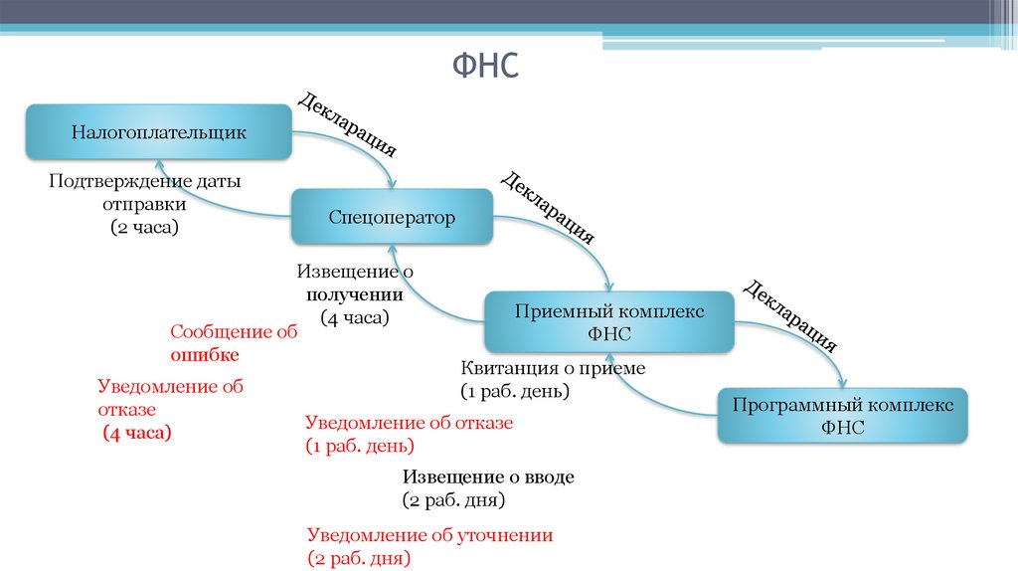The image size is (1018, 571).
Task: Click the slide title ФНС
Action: pyautogui.click(x=486, y=69)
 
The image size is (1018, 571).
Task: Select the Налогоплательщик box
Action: pyautogui.click(x=159, y=131)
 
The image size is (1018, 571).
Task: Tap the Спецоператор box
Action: pyautogui.click(x=392, y=217)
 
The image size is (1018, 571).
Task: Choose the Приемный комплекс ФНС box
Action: pyautogui.click(x=609, y=322)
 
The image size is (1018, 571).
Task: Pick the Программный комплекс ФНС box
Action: pyautogui.click(x=843, y=416)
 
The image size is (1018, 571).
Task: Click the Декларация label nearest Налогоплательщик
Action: pyautogui.click(x=348, y=123)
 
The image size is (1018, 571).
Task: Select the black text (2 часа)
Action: pyautogui.click(x=144, y=227)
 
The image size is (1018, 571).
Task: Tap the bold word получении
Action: pyautogui.click(x=354, y=294)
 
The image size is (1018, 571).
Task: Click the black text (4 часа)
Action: pyautogui.click(x=354, y=317)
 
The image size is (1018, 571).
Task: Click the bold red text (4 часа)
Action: pyautogui.click(x=137, y=433)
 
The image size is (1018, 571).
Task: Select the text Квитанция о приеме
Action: pyautogui.click(x=553, y=368)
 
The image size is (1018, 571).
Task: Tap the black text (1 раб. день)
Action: pyautogui.click(x=514, y=391)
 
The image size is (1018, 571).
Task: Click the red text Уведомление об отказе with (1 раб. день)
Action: pyautogui.click(x=409, y=423)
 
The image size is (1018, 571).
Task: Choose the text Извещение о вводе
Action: pyautogui.click(x=488, y=476)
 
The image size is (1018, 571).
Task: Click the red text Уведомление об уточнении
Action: pyautogui.click(x=429, y=535)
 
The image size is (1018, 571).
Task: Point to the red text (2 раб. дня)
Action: pyautogui.click(x=359, y=558)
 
